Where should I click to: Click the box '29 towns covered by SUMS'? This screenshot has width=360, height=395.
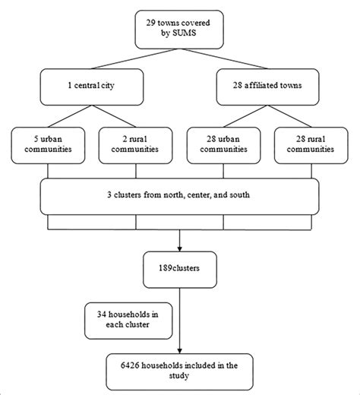click(x=180, y=30)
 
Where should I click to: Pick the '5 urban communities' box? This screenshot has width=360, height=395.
click(x=47, y=144)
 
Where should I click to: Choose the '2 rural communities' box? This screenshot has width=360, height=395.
click(x=134, y=144)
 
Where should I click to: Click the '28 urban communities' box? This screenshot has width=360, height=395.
click(x=223, y=144)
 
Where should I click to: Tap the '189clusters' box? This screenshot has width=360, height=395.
click(x=179, y=267)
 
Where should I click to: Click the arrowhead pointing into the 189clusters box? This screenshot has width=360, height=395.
click(x=179, y=248)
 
